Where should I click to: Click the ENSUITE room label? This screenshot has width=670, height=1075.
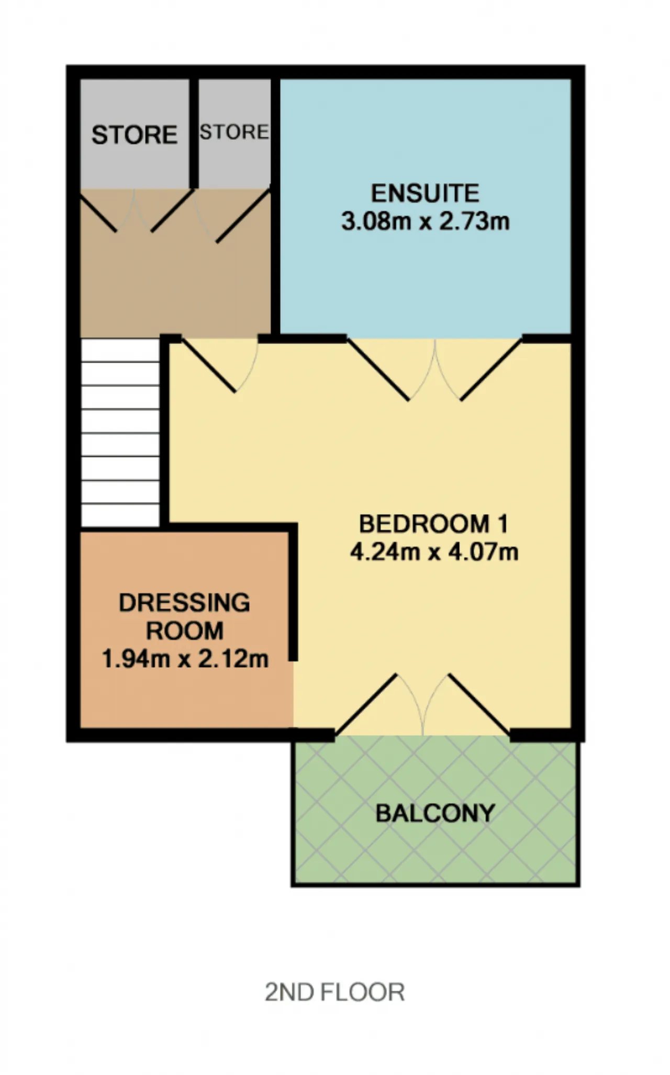coord(425,193)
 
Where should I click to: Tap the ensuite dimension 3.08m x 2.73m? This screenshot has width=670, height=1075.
coord(425,221)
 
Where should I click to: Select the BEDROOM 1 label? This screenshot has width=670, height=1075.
coord(433,524)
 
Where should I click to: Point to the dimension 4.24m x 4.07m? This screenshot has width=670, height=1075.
coord(434,552)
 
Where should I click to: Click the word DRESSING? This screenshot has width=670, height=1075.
coord(184,603)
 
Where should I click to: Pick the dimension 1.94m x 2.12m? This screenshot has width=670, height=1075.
coord(185,658)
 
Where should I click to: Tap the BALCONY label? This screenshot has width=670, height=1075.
coord(435,813)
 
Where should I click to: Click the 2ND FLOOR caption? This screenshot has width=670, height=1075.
coord(334,992)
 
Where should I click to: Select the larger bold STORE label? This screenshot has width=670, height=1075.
coord(135,135)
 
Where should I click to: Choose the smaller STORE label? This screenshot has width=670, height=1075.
coord(234,132)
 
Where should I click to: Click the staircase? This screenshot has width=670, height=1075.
coord(120,433)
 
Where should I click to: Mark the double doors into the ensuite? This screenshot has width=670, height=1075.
coord(434,370)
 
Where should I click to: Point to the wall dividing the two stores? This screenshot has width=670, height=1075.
coord(194,133)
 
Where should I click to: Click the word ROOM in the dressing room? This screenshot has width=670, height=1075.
coord(185,630)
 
